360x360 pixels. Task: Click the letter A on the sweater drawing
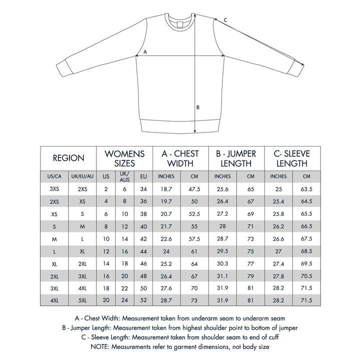[145, 51]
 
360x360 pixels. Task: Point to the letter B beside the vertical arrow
[198, 107]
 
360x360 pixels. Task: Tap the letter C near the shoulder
[225, 20]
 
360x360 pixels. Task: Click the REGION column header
[68, 158]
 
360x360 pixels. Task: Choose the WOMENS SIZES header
[124, 158]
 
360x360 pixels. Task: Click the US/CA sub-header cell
[54, 176]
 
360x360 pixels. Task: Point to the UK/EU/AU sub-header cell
[82, 176]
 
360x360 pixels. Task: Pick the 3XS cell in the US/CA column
[54, 189]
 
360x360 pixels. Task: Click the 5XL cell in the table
[82, 300]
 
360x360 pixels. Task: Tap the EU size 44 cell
[143, 250]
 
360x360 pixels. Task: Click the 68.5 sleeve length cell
[306, 250]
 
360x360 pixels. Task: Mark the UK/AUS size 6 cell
[124, 189]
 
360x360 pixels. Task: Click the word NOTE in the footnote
[99, 346]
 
